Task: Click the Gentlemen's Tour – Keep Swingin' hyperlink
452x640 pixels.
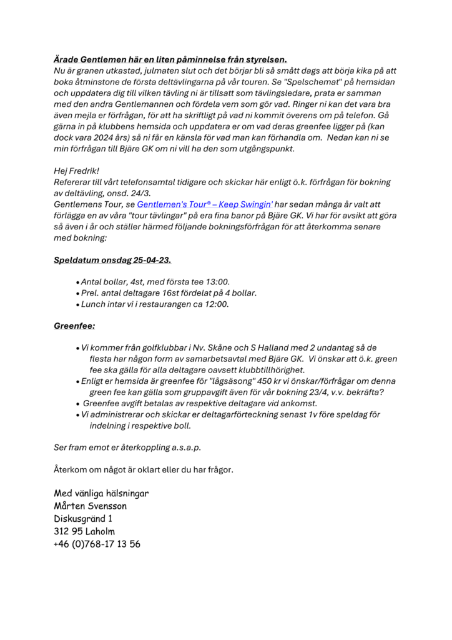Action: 205,204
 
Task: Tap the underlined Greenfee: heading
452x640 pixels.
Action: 74,326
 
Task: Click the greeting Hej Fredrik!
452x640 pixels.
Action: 77,170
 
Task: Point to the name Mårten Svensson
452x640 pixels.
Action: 91,506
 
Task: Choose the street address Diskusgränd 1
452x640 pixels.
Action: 83,519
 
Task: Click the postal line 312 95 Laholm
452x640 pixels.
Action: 84,531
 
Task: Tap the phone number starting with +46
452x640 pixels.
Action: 97,544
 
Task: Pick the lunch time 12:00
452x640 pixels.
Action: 216,304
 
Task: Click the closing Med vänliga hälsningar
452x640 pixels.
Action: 101,494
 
